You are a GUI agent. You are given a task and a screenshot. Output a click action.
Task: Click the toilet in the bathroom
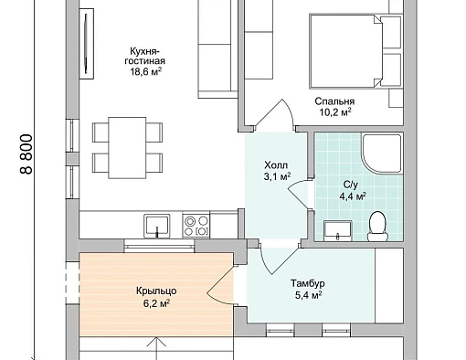point(377,227)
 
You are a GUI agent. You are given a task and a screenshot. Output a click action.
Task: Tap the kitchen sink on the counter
point(157,226)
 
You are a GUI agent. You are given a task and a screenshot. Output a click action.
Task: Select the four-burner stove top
point(196,226)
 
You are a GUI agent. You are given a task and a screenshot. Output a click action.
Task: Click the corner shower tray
point(382,154)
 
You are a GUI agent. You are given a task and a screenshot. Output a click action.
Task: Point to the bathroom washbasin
point(338,231)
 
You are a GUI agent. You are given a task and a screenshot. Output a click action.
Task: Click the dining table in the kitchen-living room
point(127,148)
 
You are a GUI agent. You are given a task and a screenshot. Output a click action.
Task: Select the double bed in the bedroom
point(345,51)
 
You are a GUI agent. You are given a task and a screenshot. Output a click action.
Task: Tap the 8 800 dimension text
point(26,154)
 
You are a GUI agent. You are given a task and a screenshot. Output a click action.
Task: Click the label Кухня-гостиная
point(144,56)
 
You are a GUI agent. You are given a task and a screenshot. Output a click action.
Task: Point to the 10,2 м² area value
point(335,112)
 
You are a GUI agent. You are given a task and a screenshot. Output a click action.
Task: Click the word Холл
point(276,165)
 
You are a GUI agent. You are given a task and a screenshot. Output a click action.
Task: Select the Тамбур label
point(307,283)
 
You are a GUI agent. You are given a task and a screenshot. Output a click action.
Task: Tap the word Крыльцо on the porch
point(156,291)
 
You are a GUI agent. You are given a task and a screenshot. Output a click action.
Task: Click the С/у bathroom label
point(351,185)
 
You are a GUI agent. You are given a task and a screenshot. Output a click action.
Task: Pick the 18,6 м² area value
point(145,72)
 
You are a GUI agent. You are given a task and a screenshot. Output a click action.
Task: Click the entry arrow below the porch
point(156,348)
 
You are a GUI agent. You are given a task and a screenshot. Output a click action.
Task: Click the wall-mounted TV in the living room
point(87,44)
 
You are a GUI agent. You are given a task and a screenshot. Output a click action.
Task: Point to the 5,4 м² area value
point(308,295)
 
